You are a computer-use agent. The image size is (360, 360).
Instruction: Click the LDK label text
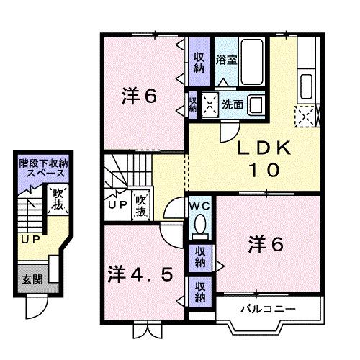pos(264,148)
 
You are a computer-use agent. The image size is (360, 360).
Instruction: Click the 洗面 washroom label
pos(233,104)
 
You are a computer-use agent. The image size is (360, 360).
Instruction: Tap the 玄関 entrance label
pos(30,279)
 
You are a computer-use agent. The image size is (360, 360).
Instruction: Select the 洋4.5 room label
pos(141,274)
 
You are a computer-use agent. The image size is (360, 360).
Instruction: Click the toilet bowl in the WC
pos(199,229)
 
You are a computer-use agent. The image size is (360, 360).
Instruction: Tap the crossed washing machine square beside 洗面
pos(212,104)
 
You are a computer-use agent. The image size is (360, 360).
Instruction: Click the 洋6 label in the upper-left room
pos(138,97)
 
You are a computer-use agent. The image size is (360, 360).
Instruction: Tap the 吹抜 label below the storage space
pos(57,200)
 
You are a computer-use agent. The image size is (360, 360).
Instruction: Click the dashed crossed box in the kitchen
pos(304,115)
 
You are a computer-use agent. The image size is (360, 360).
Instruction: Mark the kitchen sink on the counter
pos(305,84)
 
